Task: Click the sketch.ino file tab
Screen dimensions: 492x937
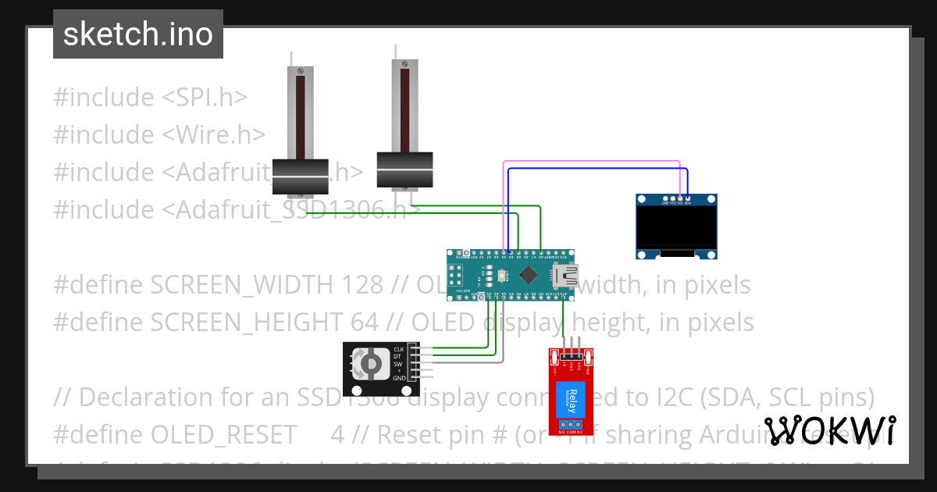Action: tap(138, 34)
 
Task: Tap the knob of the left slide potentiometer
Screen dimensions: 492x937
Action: tap(300, 177)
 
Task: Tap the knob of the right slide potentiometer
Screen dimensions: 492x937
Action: tap(404, 169)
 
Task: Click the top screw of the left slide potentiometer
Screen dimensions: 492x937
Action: tap(300, 72)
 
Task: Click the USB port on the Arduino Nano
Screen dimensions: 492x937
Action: tap(565, 275)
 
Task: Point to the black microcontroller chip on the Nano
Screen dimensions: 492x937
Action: tap(528, 274)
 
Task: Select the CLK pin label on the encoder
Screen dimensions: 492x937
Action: tap(399, 349)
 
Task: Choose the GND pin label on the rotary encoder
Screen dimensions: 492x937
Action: tap(399, 378)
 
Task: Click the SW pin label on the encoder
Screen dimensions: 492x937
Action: tap(399, 363)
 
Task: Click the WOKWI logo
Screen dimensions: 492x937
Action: tap(829, 430)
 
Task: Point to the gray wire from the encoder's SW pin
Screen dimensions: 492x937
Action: tap(503, 336)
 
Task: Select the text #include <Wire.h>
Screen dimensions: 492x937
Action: tap(159, 134)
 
